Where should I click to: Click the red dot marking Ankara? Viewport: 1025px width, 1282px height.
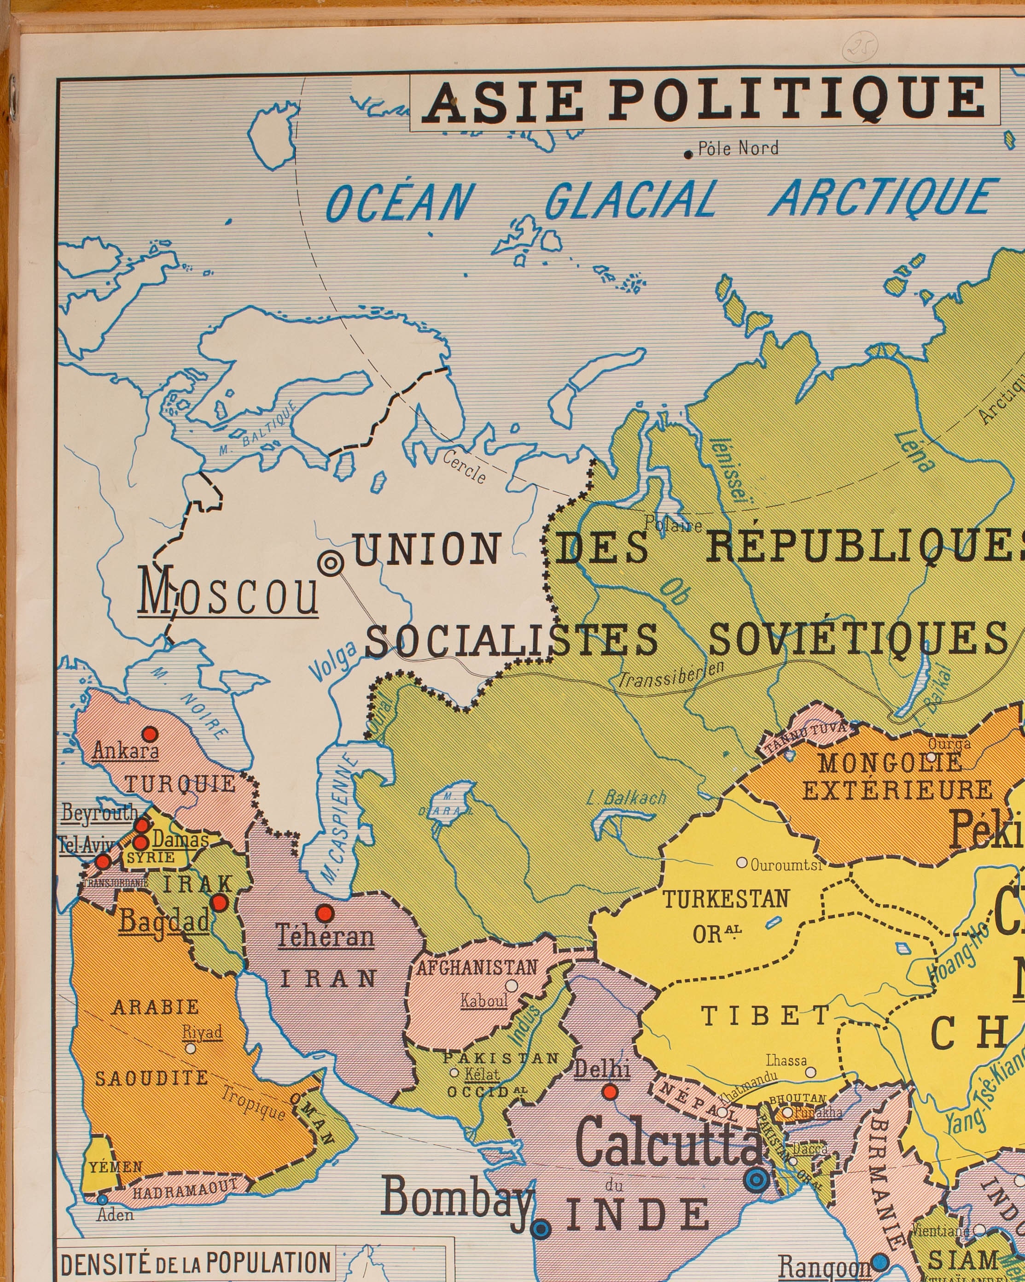[x=150, y=733]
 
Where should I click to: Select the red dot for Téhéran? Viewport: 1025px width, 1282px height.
[x=325, y=913]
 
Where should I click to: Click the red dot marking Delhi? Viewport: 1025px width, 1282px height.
[x=610, y=1092]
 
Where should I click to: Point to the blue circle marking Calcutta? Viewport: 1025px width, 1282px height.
[x=757, y=1178]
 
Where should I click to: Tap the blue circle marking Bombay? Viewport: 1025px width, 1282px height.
[x=540, y=1229]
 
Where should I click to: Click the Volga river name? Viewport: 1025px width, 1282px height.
[x=333, y=661]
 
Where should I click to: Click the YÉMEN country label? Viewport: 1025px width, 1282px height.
[x=116, y=1167]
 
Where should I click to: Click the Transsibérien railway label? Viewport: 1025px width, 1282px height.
[x=671, y=675]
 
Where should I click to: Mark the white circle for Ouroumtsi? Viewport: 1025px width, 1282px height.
[x=741, y=862]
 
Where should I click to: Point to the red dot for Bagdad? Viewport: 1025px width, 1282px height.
[x=220, y=903]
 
